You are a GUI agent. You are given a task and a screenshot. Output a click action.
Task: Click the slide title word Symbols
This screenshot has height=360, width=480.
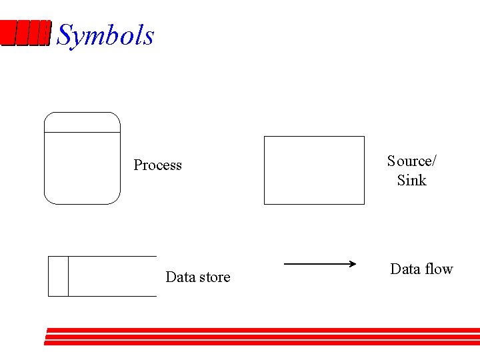coord(105,35)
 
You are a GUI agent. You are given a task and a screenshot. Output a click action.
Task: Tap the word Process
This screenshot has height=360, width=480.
coord(157,165)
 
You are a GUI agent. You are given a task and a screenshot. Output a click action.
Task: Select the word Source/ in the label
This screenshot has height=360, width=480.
coord(412,161)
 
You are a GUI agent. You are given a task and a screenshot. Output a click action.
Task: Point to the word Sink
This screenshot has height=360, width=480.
coord(411,180)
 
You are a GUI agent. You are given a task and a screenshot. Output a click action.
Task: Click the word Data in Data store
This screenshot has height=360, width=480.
coord(179,277)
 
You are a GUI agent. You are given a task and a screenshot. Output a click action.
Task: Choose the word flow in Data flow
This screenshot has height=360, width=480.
coord(438,269)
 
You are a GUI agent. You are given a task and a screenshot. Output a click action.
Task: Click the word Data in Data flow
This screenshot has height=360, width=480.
coord(405,269)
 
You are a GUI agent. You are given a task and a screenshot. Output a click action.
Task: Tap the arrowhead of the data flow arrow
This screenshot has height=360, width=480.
coord(353,264)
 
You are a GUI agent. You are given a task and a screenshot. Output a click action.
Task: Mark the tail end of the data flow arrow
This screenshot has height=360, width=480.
coord(286,264)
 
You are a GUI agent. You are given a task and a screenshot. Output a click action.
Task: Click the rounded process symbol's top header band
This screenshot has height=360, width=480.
coord(82,123)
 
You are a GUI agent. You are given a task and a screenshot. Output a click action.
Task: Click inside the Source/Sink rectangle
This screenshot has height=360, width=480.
coord(314,170)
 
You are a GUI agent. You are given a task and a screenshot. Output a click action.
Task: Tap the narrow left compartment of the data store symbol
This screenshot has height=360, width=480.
coord(58,276)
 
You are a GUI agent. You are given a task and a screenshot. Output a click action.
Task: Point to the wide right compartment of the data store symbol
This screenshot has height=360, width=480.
coord(112,276)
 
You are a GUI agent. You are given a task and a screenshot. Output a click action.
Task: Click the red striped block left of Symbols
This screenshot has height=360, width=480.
coord(25,33)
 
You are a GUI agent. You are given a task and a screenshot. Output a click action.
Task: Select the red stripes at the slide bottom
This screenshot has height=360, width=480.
coord(263,336)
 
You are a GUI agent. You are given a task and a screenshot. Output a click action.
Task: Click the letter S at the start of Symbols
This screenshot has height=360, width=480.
coord(65,35)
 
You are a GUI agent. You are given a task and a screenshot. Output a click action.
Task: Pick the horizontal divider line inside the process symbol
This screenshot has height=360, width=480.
coord(82,133)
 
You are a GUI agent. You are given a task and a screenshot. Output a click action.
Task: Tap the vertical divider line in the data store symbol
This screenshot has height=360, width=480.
coord(68,276)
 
